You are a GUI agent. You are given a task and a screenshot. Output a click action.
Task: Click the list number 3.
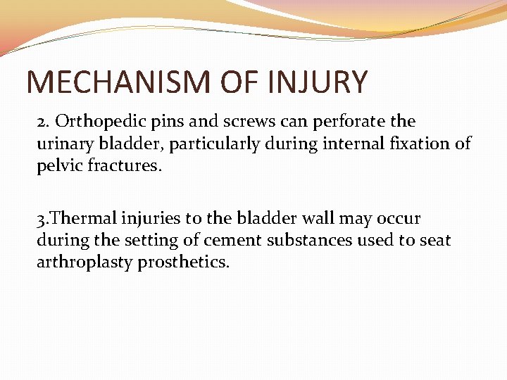(x=42, y=218)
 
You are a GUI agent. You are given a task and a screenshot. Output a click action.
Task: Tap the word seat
(x=434, y=240)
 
